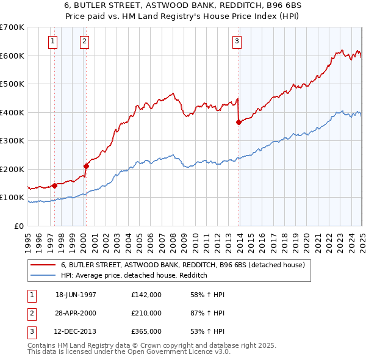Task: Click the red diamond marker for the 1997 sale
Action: tap(54, 185)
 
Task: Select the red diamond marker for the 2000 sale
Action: tap(86, 166)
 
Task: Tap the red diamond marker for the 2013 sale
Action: tap(239, 122)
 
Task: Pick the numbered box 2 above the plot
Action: tap(84, 41)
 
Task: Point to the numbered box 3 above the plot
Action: tap(236, 41)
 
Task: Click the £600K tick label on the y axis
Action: tap(12, 56)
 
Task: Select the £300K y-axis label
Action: tap(12, 141)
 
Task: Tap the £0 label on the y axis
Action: tap(19, 226)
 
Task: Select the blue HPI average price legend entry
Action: tap(134, 275)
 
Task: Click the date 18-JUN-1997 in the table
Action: tap(76, 295)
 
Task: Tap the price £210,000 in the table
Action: tap(146, 313)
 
